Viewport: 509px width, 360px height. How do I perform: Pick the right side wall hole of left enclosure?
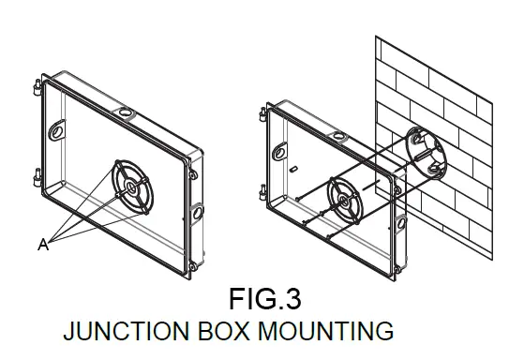199,212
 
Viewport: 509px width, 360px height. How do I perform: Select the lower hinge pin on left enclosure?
36,174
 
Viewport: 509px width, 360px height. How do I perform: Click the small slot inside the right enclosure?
293,169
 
